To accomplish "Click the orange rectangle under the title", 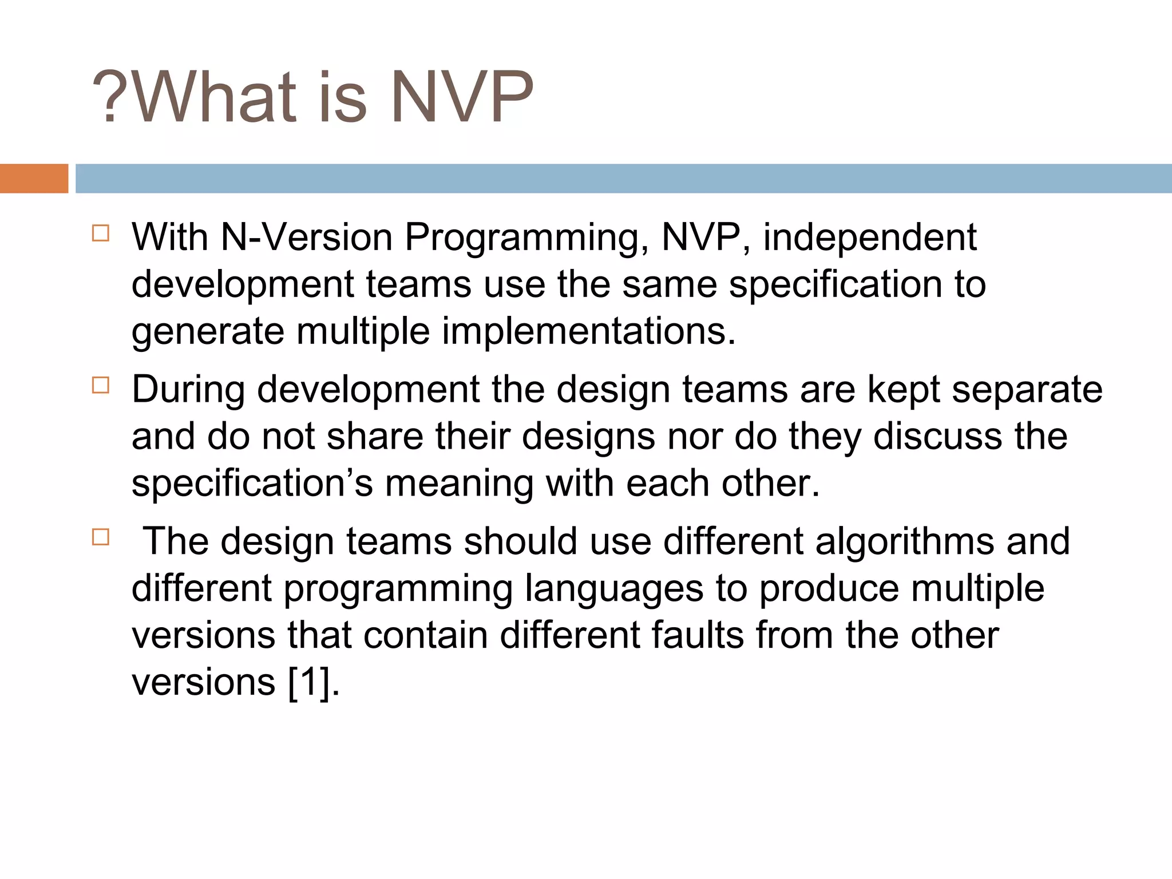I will (x=34, y=179).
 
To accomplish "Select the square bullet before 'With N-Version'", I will (x=100, y=233).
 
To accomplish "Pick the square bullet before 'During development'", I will (x=100, y=386).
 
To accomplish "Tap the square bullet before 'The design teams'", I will (x=100, y=537).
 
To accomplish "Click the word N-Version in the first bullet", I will (x=306, y=237).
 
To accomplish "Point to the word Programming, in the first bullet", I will (x=526, y=238).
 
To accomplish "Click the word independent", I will (x=869, y=237).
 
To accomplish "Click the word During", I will (x=189, y=390).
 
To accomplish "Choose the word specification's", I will (x=252, y=484).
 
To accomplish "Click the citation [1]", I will (x=310, y=682).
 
